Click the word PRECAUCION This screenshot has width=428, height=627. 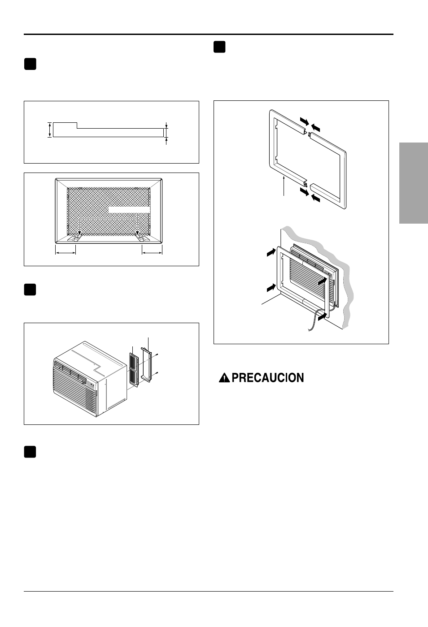[268, 378]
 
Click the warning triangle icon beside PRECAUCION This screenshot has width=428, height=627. [224, 378]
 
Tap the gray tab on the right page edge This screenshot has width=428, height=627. [413, 183]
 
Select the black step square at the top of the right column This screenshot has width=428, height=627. [219, 47]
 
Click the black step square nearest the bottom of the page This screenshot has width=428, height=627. [30, 452]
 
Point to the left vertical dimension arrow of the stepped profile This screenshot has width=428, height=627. [50, 130]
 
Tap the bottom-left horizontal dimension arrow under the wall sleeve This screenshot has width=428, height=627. [66, 253]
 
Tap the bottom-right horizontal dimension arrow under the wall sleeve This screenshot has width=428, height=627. [152, 253]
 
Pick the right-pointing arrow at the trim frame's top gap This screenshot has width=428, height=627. [304, 121]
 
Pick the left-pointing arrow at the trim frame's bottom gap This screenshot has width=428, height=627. [316, 198]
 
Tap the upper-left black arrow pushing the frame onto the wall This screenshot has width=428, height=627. [270, 253]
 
